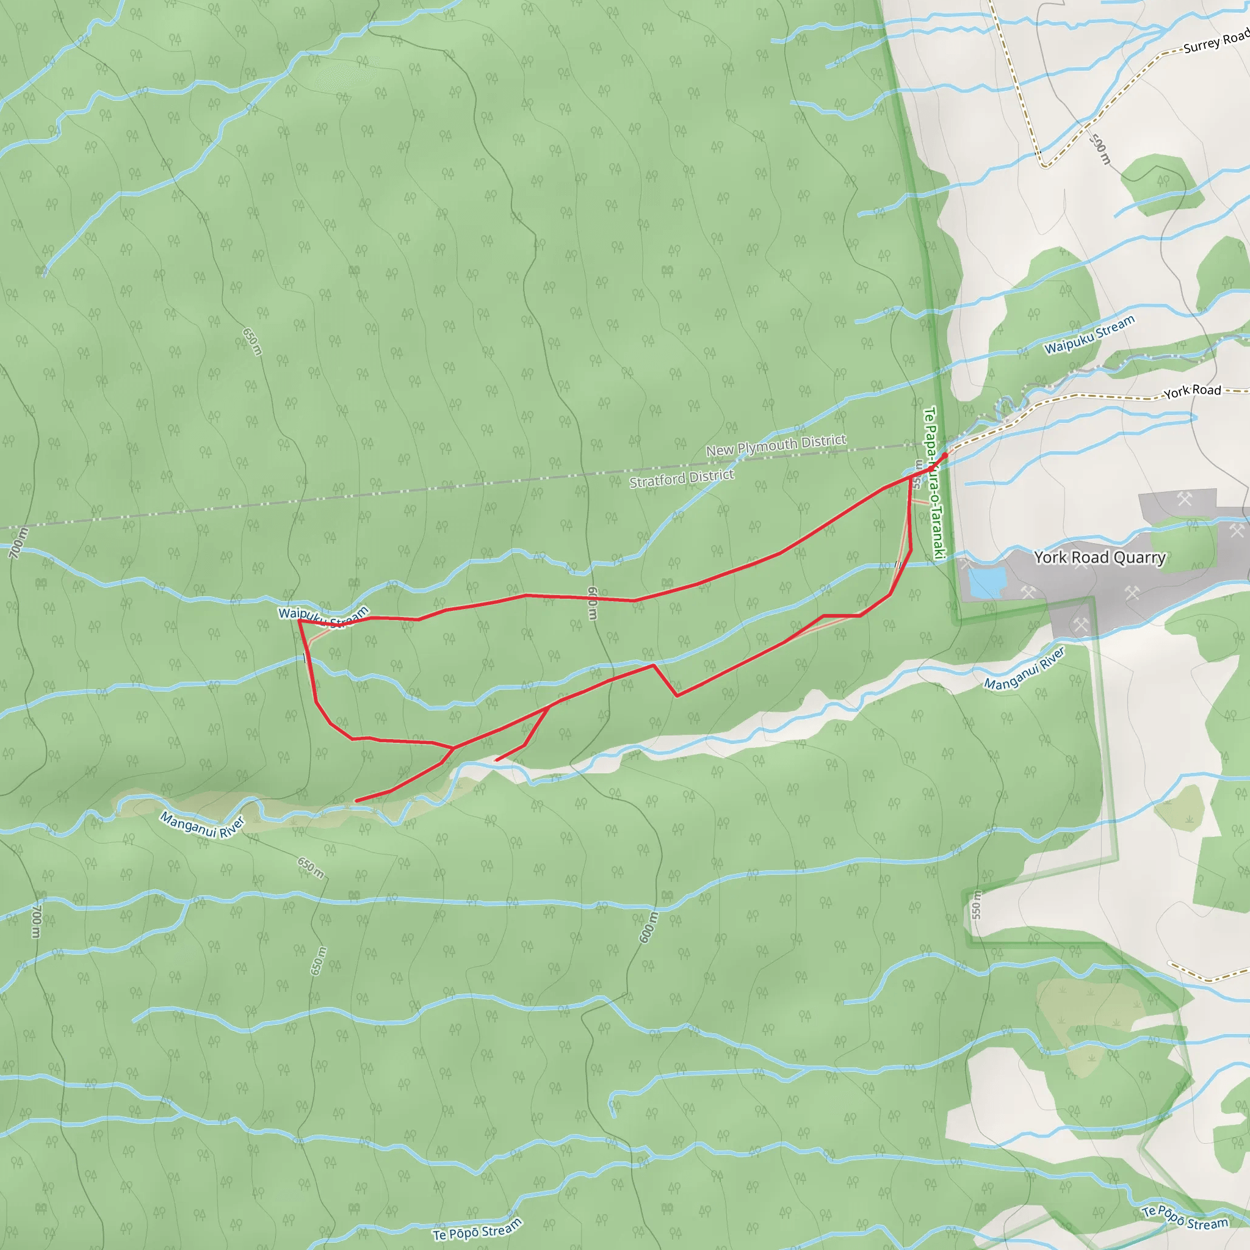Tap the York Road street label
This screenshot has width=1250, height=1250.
(1192, 390)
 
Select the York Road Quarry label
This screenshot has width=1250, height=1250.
(1099, 557)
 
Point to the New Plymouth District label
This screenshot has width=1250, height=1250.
(776, 445)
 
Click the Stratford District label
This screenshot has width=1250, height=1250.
(681, 479)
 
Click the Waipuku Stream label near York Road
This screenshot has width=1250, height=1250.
(1089, 334)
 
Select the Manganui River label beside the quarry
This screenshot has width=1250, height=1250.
(1024, 669)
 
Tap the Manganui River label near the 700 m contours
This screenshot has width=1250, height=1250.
(203, 826)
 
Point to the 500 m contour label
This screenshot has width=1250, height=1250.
(1100, 150)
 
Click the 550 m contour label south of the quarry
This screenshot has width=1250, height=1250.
(977, 905)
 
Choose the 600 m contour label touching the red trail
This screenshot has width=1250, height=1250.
(592, 603)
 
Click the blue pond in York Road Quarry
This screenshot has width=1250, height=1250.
(987, 582)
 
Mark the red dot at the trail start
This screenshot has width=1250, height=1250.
(945, 455)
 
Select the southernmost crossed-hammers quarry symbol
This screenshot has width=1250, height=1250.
(1080, 625)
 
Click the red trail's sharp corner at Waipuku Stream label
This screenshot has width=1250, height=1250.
(299, 621)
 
